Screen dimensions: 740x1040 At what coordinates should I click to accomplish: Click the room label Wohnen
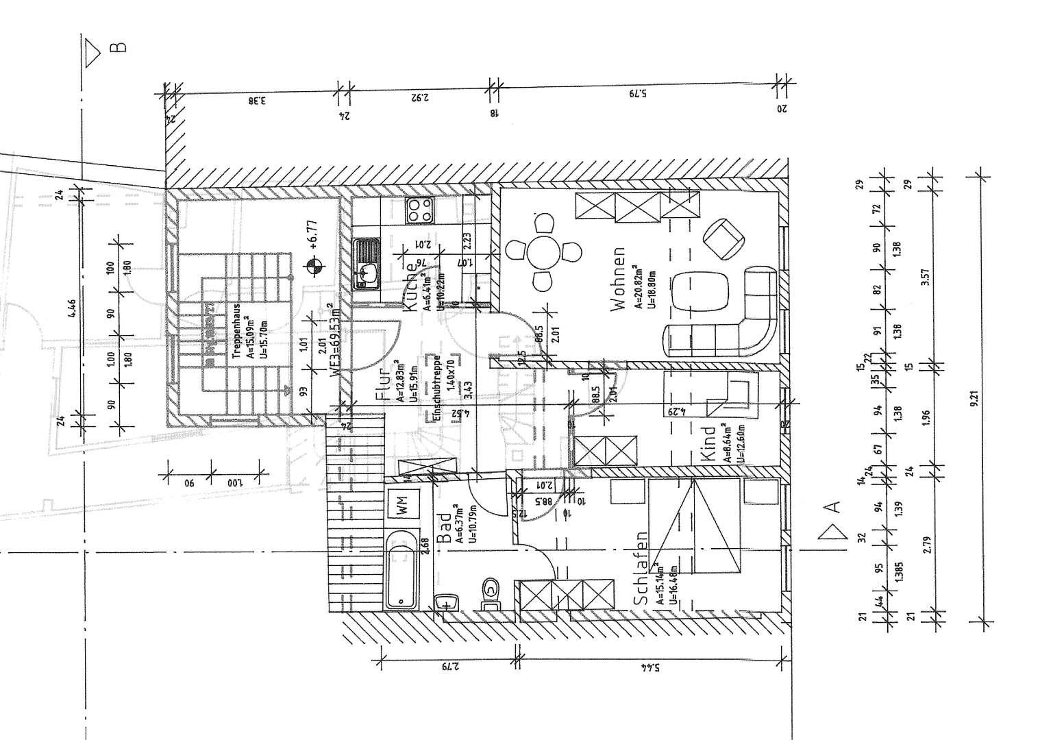[619, 279]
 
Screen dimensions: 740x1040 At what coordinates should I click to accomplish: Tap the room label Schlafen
[641, 568]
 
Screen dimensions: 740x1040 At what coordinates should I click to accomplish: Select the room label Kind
[709, 443]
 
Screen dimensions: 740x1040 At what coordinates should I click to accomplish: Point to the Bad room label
[445, 529]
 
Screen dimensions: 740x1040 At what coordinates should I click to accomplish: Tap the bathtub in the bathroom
[401, 569]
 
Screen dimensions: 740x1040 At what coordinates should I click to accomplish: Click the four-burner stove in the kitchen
[420, 210]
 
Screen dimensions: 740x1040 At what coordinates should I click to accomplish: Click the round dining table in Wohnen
[545, 252]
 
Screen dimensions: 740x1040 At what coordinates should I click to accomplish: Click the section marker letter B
[118, 47]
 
